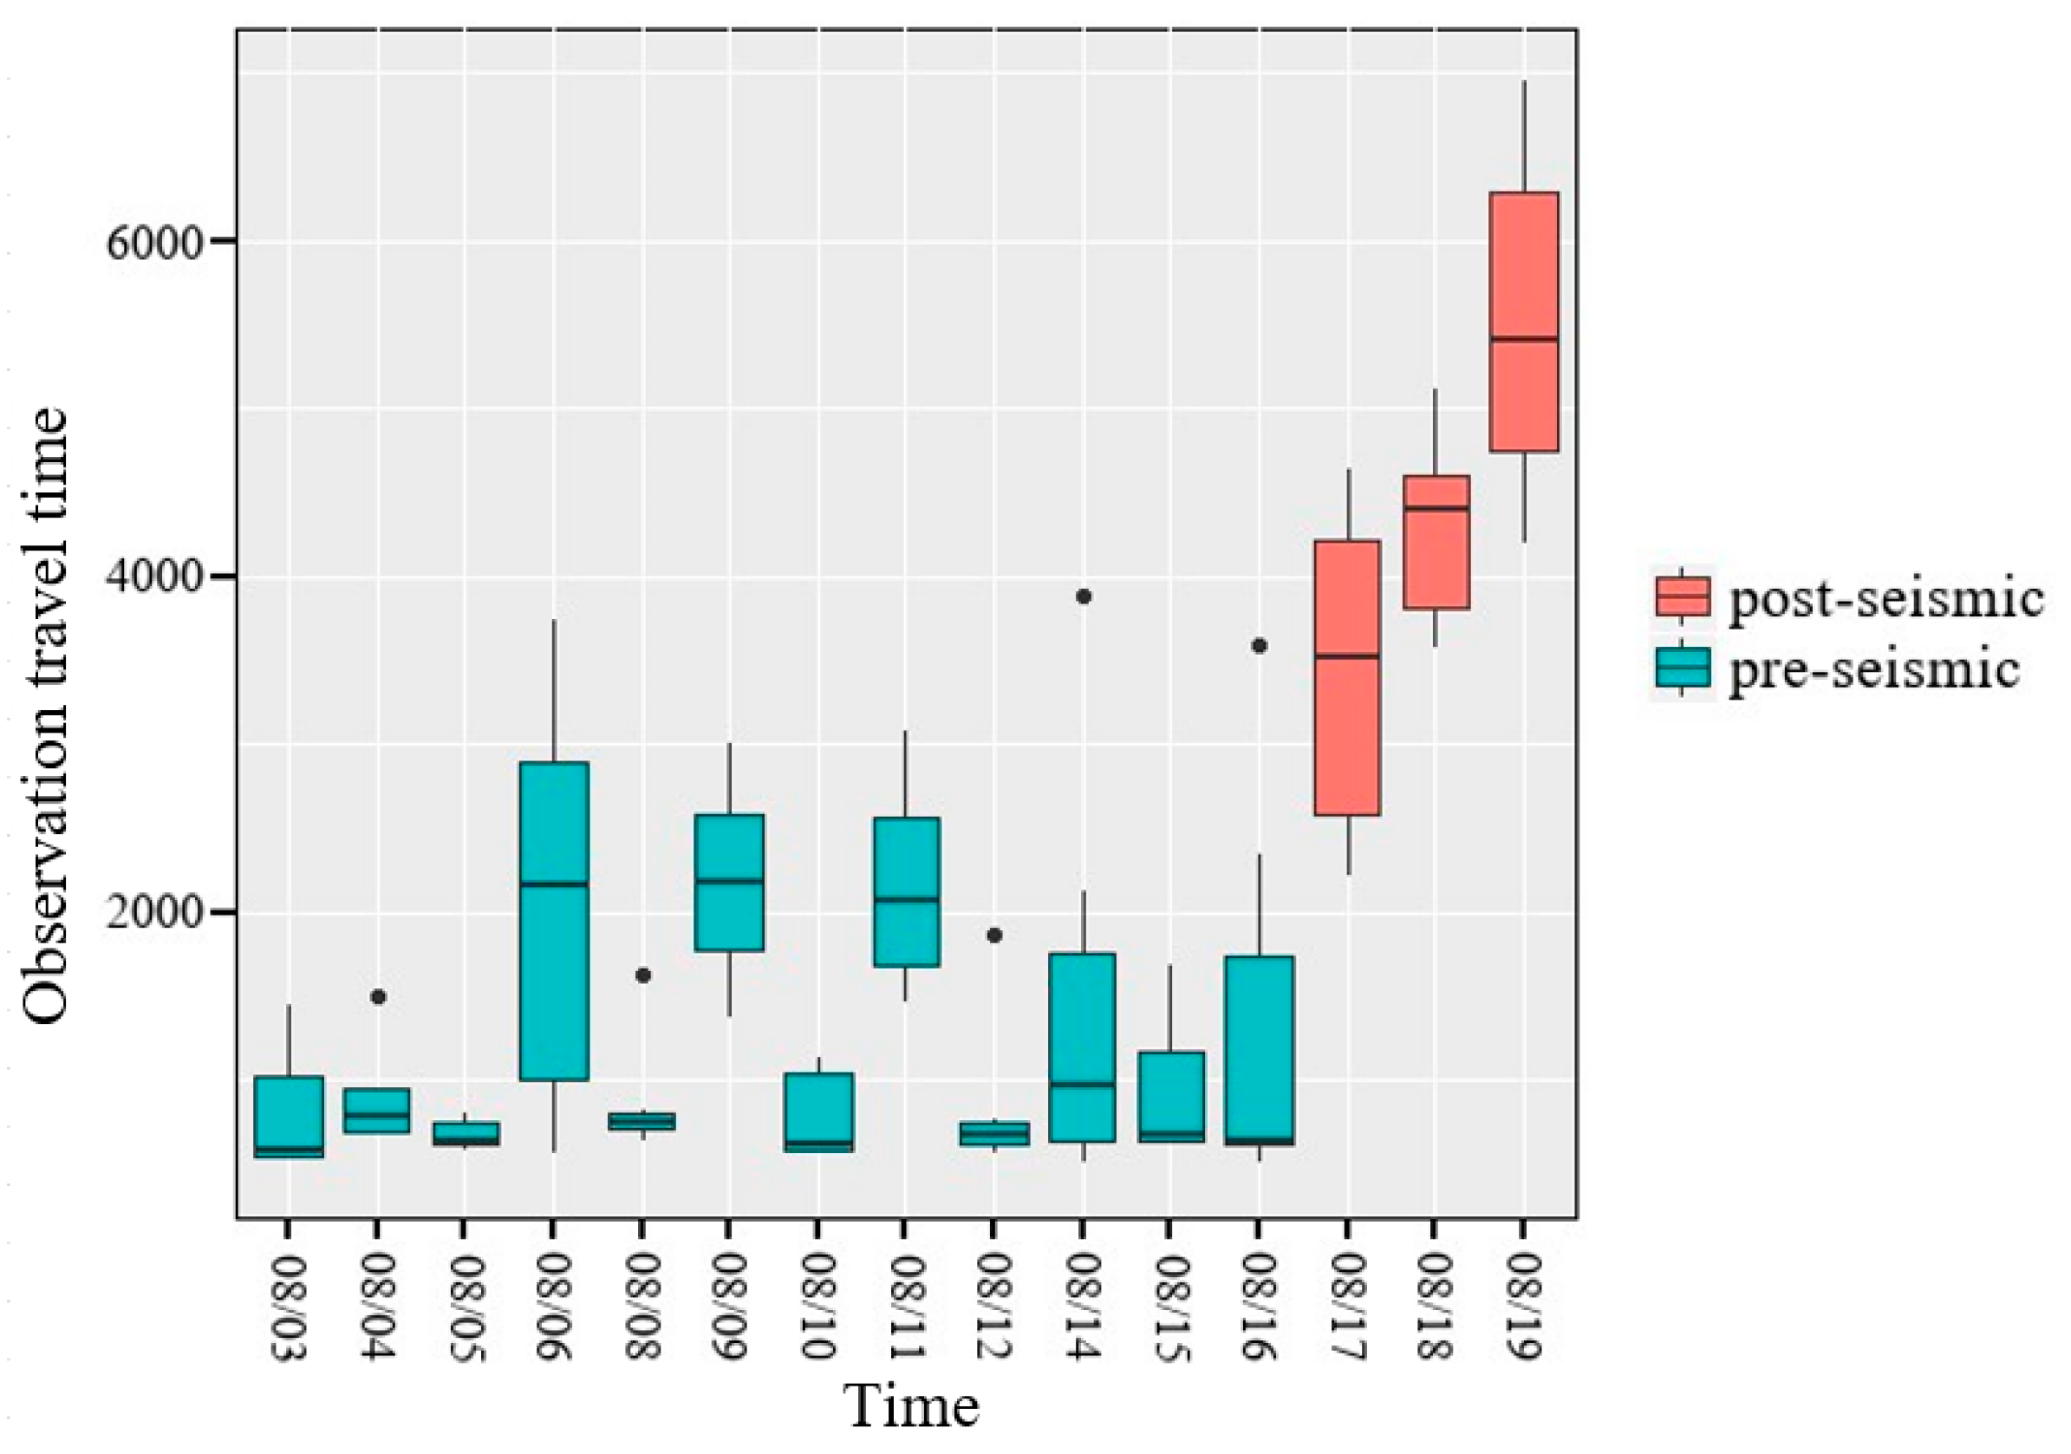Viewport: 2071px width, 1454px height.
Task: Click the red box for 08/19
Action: [1523, 321]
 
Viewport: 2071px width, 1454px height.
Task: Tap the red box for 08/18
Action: [1435, 541]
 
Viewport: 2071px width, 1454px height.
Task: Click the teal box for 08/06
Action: [554, 920]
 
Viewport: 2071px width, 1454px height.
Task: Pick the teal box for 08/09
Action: [729, 882]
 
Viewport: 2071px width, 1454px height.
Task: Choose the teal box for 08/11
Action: [906, 891]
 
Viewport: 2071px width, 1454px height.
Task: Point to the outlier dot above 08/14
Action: [1084, 597]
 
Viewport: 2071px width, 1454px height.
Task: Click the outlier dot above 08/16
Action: [1260, 646]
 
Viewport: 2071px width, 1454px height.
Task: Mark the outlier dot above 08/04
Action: [378, 997]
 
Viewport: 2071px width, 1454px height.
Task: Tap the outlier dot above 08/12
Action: [994, 936]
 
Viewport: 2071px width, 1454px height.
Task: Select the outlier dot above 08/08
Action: [643, 975]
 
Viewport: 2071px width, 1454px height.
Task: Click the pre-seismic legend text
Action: [1872, 670]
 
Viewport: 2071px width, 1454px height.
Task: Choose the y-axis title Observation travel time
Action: [45, 717]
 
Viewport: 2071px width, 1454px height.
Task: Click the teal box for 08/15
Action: [1171, 1096]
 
